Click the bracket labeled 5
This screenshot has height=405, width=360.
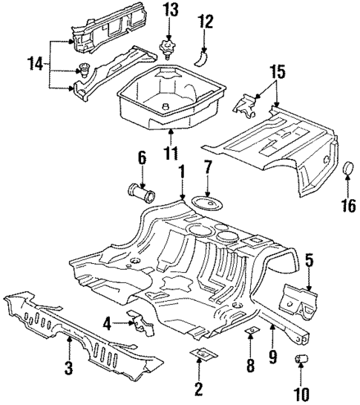click(x=298, y=305)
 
